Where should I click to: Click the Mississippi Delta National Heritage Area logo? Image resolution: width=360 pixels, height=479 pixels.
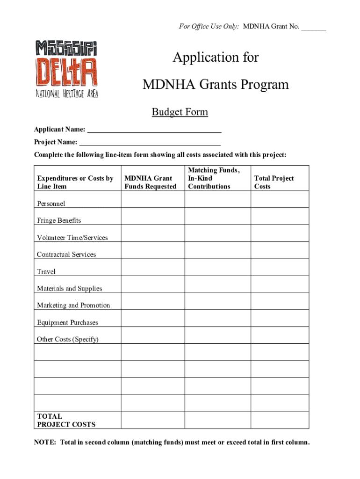66,69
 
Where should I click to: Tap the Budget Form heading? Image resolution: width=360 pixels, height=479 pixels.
180,112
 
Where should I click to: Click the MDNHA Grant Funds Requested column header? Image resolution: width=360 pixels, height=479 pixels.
151,182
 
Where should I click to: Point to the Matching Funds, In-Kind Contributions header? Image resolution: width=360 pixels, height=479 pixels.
214,178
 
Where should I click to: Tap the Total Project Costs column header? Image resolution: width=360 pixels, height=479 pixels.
274,182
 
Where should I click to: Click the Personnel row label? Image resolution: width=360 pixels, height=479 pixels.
51,203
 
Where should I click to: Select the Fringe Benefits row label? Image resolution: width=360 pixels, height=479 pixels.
59,220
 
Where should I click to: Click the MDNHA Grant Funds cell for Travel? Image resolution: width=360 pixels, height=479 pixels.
153,267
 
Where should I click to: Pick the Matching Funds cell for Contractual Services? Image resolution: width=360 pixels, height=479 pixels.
217,250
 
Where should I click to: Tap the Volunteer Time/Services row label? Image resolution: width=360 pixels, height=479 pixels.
72,238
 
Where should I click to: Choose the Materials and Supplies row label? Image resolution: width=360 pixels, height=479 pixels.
70,289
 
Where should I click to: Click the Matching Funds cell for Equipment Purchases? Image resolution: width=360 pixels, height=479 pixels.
217,318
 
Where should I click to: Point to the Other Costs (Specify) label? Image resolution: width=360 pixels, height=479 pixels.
68,339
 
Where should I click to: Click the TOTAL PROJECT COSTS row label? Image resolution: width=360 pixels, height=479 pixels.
66,420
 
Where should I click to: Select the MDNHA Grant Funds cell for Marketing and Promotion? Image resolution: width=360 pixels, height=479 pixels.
153,301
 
